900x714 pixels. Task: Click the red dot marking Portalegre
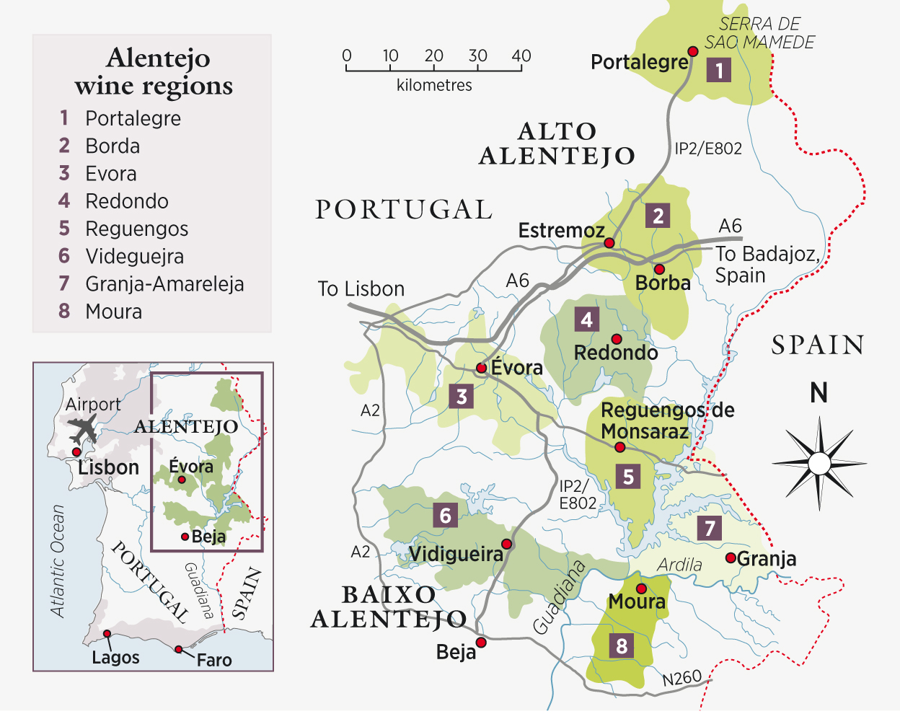pos(692,51)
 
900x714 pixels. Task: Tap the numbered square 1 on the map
pos(719,70)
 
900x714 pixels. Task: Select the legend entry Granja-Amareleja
pos(164,284)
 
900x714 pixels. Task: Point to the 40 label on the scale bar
pos(521,56)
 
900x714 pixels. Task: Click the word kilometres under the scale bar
pos(434,85)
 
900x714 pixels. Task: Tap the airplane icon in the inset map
pos(84,430)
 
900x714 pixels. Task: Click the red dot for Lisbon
pos(76,452)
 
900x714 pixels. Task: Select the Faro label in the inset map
pos(214,660)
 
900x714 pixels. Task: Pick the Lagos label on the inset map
pos(115,658)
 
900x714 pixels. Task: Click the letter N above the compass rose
pos(819,393)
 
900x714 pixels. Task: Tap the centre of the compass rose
pos(819,462)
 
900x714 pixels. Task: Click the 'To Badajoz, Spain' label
pos(767,265)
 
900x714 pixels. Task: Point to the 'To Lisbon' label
pos(361,289)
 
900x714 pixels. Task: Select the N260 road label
pos(681,678)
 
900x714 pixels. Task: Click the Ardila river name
pos(679,565)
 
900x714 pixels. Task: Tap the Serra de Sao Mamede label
pos(759,33)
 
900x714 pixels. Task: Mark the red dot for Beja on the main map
pos(481,642)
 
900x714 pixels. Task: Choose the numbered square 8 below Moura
pos(622,645)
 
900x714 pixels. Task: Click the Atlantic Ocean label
pos(58,561)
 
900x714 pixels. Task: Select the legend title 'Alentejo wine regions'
pos(153,71)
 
